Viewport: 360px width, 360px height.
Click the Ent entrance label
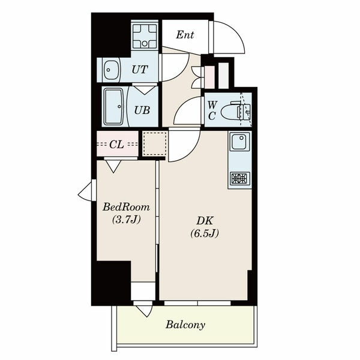point(185,35)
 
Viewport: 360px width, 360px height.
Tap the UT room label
point(140,70)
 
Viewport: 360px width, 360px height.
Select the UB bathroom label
point(142,110)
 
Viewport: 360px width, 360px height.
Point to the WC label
point(212,110)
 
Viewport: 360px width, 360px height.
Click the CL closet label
point(117,145)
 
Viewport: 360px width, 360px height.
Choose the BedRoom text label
point(126,207)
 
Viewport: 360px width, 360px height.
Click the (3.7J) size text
point(126,220)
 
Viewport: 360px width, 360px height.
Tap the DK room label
point(205,221)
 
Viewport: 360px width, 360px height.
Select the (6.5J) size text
point(205,233)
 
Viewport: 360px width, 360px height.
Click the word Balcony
point(185,325)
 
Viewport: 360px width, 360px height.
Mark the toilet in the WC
point(236,112)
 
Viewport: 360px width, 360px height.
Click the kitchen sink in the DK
point(240,142)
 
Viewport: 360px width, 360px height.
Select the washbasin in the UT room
point(111,70)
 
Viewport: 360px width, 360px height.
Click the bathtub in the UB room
point(114,107)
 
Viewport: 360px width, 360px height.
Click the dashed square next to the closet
point(155,144)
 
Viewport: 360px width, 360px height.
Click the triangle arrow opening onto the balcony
point(144,311)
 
